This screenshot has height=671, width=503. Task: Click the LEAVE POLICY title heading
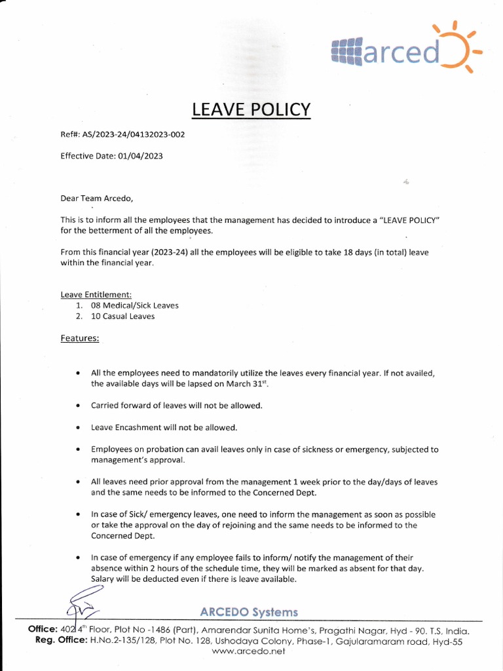click(x=251, y=109)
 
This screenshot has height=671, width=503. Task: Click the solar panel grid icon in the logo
click(x=347, y=51)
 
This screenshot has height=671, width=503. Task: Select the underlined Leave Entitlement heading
click(x=96, y=295)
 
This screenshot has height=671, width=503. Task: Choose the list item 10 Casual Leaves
click(x=122, y=316)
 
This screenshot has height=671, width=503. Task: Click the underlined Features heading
click(x=80, y=338)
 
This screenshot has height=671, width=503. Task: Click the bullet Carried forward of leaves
click(x=176, y=406)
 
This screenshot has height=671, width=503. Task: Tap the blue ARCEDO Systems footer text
click(x=249, y=612)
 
